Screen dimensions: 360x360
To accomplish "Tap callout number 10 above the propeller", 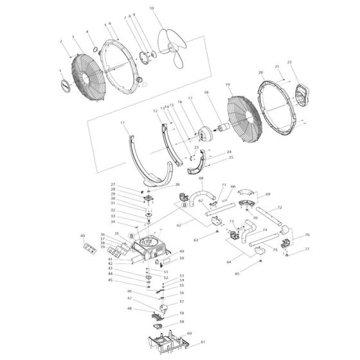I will pyautogui.click(x=152, y=8).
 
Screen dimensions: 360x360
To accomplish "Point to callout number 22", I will pyautogui.click(x=289, y=62).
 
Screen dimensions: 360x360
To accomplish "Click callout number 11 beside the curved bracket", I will pyautogui.click(x=122, y=122).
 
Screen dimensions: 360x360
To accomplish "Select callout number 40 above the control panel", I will pyautogui.click(x=82, y=236).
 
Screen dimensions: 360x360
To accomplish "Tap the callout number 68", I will pyautogui.click(x=201, y=178).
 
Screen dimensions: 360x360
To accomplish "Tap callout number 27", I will pyautogui.click(x=130, y=184).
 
